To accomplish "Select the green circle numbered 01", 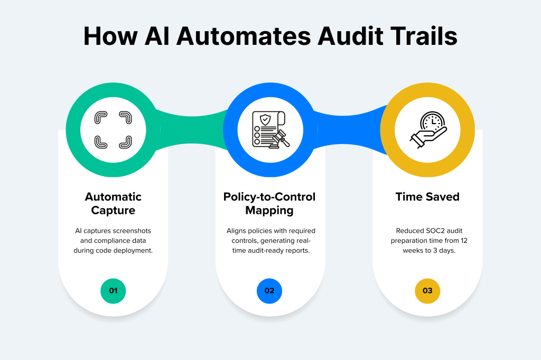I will tap(113, 291).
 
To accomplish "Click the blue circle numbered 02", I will tap(269, 291).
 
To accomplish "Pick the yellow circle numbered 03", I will tap(427, 291).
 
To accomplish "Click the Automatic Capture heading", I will tap(113, 203).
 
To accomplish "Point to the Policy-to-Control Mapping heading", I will tap(269, 203).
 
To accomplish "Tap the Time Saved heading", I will tap(427, 197).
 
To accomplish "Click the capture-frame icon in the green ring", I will tap(113, 129).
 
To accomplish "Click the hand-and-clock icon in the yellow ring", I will tap(428, 129).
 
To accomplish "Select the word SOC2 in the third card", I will tap(434, 231).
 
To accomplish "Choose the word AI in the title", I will tap(159, 37).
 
